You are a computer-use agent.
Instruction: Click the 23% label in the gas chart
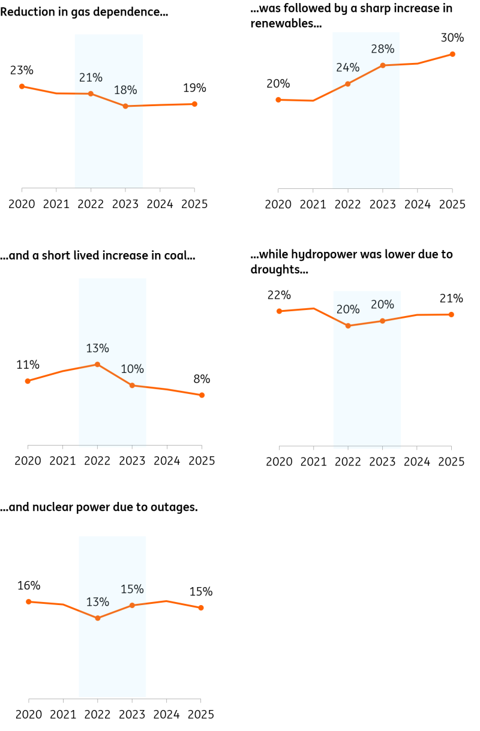pos(22,70)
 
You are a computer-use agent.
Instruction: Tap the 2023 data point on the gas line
pos(125,106)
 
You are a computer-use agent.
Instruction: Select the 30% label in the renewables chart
pos(452,38)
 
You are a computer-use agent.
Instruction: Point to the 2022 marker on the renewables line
pos(348,84)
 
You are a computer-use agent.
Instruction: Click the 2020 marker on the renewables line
pos(278,100)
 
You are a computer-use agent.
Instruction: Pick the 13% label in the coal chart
pos(97,348)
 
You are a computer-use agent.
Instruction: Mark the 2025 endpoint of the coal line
pos(202,395)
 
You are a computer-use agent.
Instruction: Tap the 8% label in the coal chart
pos(202,379)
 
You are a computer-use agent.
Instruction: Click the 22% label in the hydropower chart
pos(279,295)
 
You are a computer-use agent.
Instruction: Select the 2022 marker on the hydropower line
pos(348,326)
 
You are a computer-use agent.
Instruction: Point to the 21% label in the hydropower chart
pos(451,298)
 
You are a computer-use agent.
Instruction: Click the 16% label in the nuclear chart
pos(29,585)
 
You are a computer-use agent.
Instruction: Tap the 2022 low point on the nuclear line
pos(98,618)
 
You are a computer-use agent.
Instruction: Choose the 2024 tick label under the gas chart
pos(160,204)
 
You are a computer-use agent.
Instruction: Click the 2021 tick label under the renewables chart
pos(313,204)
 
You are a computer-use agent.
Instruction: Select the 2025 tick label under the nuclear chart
pos(201,714)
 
